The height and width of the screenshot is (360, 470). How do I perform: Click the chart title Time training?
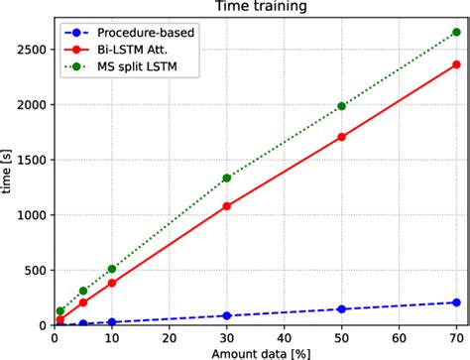pos(257,8)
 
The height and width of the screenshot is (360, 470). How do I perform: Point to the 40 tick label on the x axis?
pos(285,337)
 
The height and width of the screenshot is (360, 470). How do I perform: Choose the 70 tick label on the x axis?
pos(456,337)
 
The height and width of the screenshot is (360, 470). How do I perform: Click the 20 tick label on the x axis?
pos(170,337)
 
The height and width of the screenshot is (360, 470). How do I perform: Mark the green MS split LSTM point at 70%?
pos(456,32)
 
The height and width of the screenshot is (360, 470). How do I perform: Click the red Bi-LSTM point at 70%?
pos(456,64)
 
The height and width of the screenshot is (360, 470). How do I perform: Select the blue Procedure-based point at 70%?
pos(456,302)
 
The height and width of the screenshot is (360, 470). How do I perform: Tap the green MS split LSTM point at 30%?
pos(227,179)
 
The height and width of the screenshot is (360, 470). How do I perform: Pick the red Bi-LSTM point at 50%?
pos(342,137)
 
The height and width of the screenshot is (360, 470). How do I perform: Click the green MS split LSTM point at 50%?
pos(342,106)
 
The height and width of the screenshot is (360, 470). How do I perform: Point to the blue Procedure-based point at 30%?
pos(227,315)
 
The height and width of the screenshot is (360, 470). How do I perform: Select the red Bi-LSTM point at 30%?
pos(227,206)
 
